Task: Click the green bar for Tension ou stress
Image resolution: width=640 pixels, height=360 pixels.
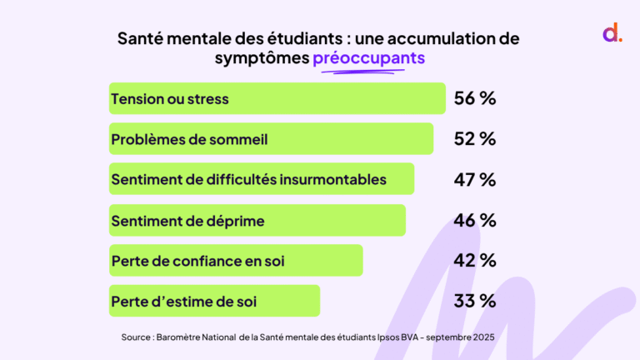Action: (277, 98)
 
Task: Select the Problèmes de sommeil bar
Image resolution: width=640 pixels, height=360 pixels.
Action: (271, 138)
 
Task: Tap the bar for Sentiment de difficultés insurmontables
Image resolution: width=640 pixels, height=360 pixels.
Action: (262, 178)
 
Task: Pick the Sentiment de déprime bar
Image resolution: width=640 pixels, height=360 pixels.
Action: (257, 220)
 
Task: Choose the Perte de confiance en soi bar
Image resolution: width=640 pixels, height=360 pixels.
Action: (236, 260)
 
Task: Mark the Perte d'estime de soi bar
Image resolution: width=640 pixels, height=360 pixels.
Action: (214, 300)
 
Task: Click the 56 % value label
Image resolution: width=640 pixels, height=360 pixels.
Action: (475, 98)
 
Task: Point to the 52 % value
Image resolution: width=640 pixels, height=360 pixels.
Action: (475, 138)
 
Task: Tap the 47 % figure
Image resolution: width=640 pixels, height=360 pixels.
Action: (475, 179)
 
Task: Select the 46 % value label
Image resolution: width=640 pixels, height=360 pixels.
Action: (475, 220)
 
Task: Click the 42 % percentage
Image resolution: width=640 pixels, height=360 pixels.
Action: (475, 260)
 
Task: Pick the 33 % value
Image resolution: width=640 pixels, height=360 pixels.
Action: (475, 300)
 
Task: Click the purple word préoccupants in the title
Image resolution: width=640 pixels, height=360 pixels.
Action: (368, 58)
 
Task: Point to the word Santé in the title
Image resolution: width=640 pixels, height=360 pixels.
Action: (141, 39)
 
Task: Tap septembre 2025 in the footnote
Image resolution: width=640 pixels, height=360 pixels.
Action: (460, 337)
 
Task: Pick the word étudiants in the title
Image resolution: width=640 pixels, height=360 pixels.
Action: (284, 39)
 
